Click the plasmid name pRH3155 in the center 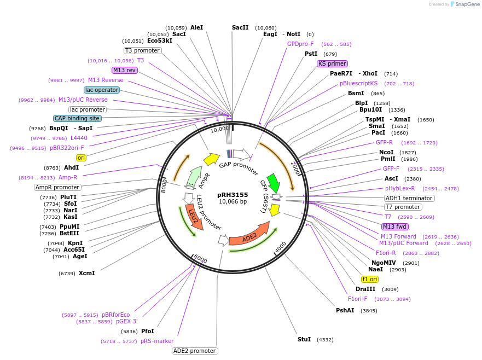pyautogui.click(x=233, y=194)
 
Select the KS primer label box pyautogui.click(x=333, y=63)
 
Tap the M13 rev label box pyautogui.click(x=124, y=70)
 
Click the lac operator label pyautogui.click(x=102, y=90)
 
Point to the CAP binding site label pyautogui.click(x=77, y=118)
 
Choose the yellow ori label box pyautogui.click(x=82, y=158)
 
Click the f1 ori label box pyautogui.click(x=370, y=279)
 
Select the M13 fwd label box pyautogui.click(x=395, y=227)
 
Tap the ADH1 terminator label pyautogui.click(x=409, y=198)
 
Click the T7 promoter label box pyautogui.click(x=403, y=207)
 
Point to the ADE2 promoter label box pyautogui.click(x=195, y=351)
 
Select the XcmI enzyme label pyautogui.click(x=86, y=273)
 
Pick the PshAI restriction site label pyautogui.click(x=345, y=310)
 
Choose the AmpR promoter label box pyautogui.click(x=57, y=187)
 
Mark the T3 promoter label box pyautogui.click(x=142, y=50)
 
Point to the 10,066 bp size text pyautogui.click(x=233, y=202)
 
